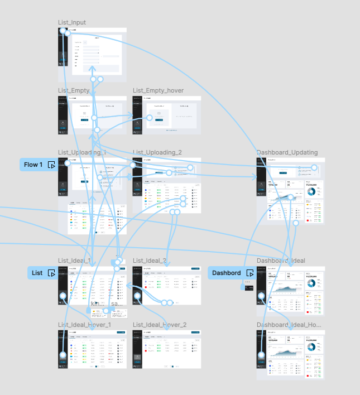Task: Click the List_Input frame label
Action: [x=72, y=22]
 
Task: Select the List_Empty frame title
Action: [x=74, y=90]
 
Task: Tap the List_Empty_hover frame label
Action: [x=158, y=90]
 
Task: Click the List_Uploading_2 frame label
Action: [x=157, y=152]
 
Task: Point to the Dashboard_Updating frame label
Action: [x=287, y=152]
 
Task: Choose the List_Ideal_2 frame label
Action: [x=150, y=261]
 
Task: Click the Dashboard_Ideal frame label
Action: [x=281, y=261]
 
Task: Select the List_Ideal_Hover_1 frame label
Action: [x=84, y=325]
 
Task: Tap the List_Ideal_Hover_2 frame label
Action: [x=159, y=325]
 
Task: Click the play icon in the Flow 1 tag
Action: [x=51, y=165]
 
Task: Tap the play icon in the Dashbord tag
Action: [x=249, y=273]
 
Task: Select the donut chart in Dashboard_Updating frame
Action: [x=311, y=191]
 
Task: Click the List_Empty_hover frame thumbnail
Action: [x=166, y=115]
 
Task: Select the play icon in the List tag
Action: [x=51, y=273]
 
